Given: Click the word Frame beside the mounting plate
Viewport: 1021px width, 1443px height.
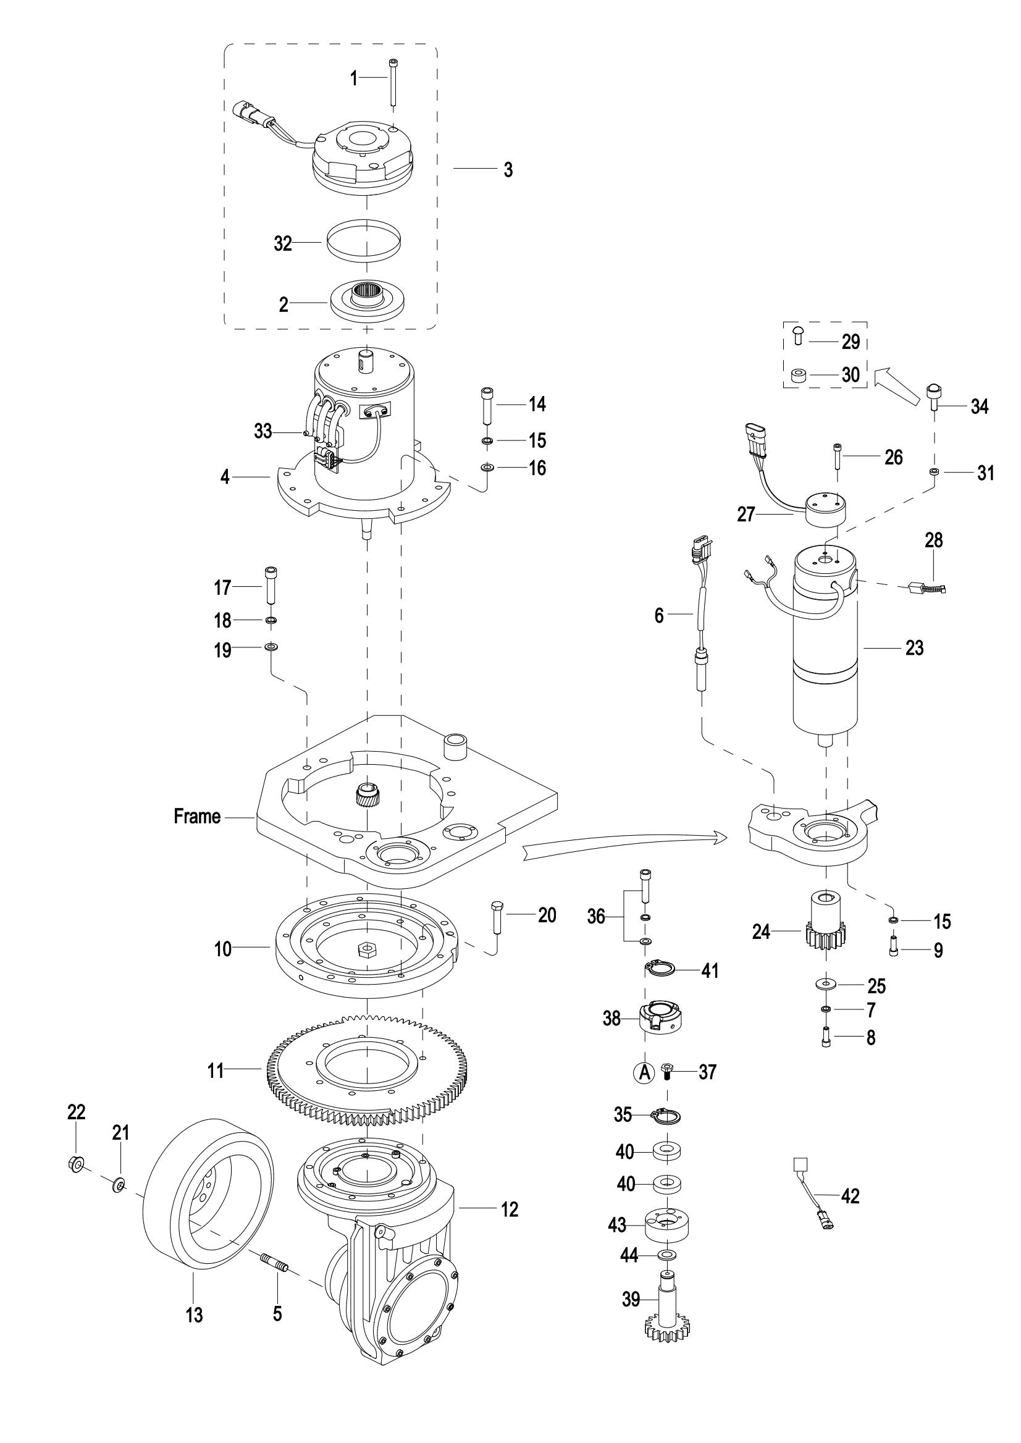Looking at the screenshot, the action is pos(198,817).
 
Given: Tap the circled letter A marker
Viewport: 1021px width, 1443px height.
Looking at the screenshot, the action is pos(644,1072).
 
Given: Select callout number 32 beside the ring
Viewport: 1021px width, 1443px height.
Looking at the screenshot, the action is pos(283,243).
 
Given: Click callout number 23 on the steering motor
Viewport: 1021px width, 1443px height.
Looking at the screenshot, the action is pos(914,647).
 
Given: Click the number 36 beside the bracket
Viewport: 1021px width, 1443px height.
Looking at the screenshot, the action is pos(596,917).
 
